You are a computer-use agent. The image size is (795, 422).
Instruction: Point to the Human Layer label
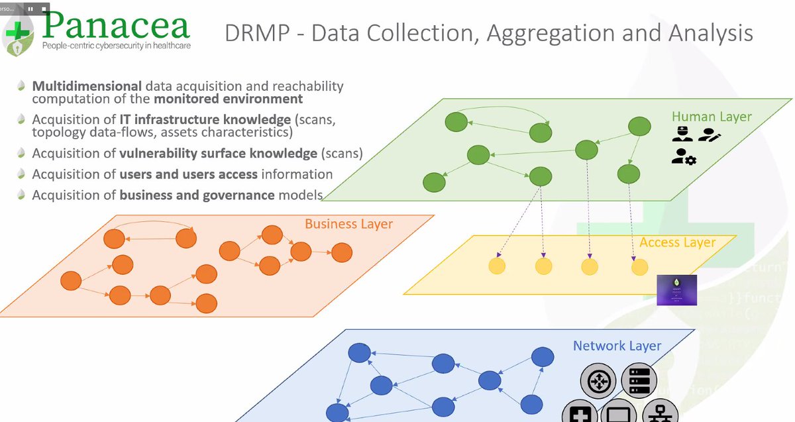coord(712,117)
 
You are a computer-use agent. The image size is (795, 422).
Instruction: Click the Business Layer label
coord(348,224)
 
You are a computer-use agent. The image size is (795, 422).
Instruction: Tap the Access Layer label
coord(677,242)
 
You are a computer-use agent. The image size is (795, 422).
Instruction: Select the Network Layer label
coord(617,346)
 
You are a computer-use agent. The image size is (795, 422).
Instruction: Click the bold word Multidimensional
coord(87,87)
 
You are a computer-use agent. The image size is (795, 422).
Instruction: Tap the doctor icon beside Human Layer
coord(682,134)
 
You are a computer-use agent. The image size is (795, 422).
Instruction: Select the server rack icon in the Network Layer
coord(639,381)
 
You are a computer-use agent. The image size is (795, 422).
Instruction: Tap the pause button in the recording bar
coord(30,9)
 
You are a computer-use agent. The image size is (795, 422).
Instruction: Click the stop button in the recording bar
coord(44,9)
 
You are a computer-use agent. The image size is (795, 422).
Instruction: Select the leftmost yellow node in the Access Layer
coord(497,267)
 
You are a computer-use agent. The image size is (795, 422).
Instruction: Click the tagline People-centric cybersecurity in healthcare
coord(115,46)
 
